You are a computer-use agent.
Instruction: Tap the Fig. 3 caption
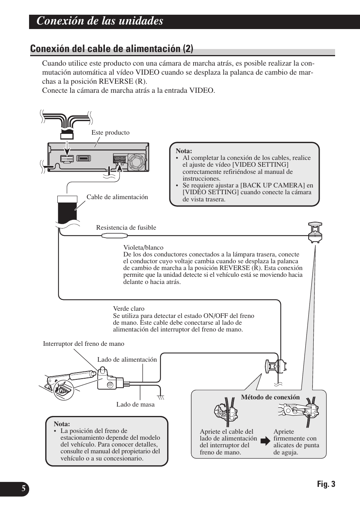point(326,484)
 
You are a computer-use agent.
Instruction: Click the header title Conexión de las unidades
point(100,21)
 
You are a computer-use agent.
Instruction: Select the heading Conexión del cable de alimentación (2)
point(112,49)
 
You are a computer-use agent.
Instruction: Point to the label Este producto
point(110,133)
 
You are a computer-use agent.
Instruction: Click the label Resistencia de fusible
point(126,227)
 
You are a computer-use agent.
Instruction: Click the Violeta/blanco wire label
point(143,248)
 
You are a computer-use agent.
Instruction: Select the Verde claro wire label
point(129,308)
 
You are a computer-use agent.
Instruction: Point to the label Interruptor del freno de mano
point(83,344)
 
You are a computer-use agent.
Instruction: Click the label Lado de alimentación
point(127,359)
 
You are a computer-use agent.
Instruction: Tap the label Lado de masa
point(135,404)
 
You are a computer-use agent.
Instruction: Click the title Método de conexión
point(270,397)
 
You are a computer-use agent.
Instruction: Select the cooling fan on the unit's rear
point(136,161)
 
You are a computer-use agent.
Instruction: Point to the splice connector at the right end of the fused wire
point(315,232)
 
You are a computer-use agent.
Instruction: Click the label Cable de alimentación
point(117,197)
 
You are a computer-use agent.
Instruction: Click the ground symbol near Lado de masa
point(161,397)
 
